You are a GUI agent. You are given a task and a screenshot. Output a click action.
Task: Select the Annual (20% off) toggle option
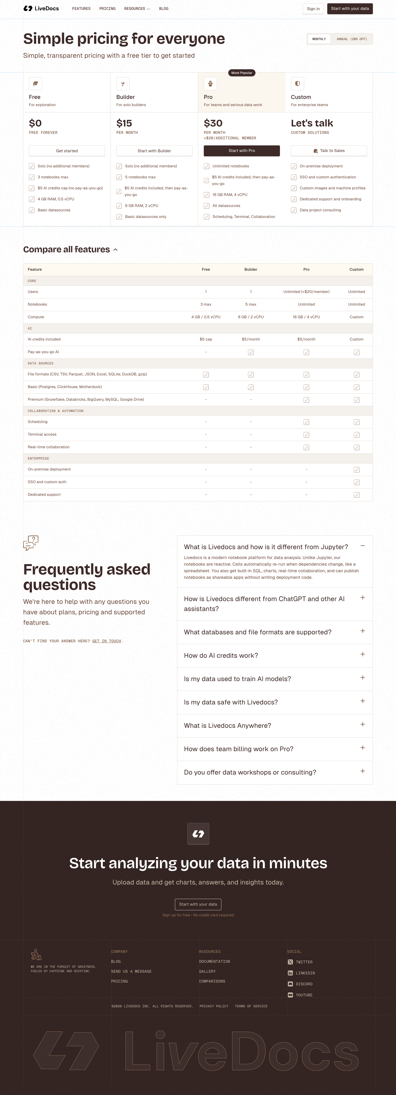pos(351,39)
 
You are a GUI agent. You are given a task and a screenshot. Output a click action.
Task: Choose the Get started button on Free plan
pos(67,151)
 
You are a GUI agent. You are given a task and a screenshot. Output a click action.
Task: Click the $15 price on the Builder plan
pos(124,123)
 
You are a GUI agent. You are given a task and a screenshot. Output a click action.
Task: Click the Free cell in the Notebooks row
pos(206,304)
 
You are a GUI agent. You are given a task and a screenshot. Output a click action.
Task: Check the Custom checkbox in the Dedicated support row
pos(356,495)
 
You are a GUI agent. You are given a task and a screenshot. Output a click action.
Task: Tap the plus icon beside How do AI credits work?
pos(362,654)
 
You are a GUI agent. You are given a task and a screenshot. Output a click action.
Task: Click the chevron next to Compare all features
pos(115,250)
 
